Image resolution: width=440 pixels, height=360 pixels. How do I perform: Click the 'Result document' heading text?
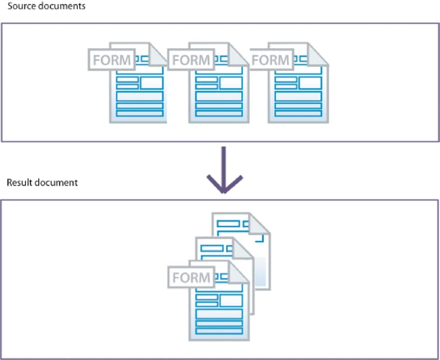(x=42, y=182)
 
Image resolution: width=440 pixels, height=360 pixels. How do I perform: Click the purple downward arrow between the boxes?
(x=223, y=167)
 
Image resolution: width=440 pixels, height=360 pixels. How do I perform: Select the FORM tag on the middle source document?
(x=191, y=59)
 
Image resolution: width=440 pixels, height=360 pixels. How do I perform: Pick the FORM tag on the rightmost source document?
(x=270, y=59)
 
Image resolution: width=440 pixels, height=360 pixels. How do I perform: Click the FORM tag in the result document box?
(x=191, y=277)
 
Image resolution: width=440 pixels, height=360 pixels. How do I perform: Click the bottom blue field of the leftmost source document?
(x=139, y=113)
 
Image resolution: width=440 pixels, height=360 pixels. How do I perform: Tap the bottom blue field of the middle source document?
(x=219, y=113)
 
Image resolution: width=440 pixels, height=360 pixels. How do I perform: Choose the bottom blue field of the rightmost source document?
(x=298, y=113)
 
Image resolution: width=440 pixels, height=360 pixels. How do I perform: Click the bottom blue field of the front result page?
(x=219, y=331)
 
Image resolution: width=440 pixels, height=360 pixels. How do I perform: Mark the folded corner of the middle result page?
(x=246, y=248)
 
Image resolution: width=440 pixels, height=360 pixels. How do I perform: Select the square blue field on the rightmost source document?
(x=310, y=82)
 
